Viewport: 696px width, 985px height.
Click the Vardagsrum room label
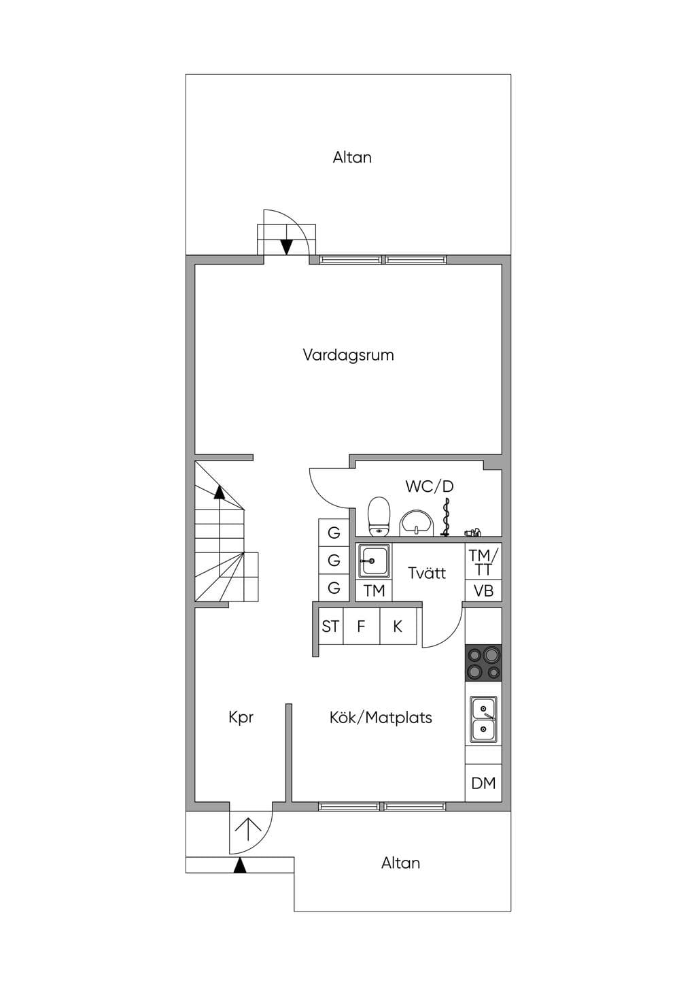click(348, 355)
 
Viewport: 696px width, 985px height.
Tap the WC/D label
click(430, 486)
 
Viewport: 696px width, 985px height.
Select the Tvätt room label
click(427, 573)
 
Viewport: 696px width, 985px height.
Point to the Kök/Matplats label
click(381, 718)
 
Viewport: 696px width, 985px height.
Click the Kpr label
click(241, 718)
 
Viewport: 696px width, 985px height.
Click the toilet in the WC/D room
click(379, 517)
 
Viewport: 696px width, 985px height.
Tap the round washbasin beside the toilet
click(416, 523)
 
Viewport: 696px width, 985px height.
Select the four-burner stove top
click(483, 663)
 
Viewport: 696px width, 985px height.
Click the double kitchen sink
click(483, 720)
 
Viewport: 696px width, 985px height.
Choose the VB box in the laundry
click(483, 590)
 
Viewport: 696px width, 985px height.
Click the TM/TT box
click(483, 561)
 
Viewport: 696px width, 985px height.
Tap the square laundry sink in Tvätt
click(374, 561)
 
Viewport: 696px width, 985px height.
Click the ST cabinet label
click(330, 627)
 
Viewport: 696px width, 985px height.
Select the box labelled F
click(361, 627)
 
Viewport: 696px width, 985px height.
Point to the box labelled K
click(398, 627)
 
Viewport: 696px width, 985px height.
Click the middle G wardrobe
click(334, 561)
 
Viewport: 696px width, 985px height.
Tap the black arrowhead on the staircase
click(220, 492)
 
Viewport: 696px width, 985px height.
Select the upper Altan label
click(352, 157)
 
